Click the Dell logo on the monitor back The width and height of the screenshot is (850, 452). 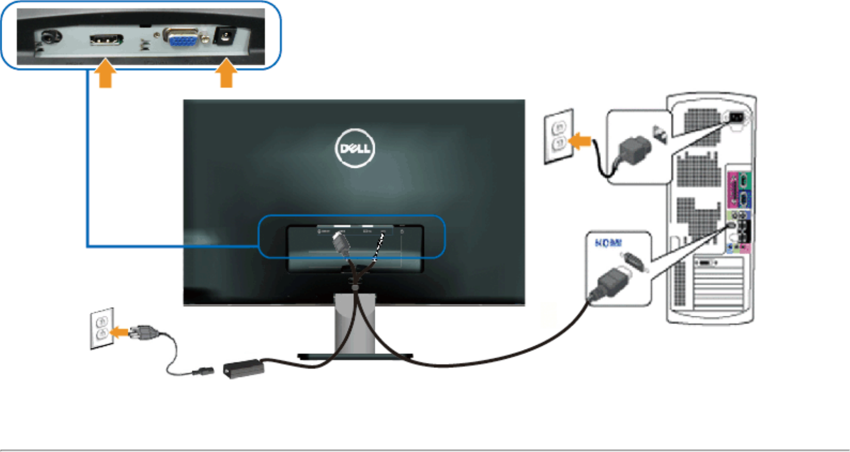click(x=355, y=148)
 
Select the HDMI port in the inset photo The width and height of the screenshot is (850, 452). click(x=106, y=40)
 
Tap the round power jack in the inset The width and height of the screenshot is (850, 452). click(x=223, y=37)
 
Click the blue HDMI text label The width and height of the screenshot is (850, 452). click(x=609, y=243)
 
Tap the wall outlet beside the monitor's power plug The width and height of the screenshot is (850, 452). click(x=102, y=328)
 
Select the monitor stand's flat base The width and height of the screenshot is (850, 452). click(x=355, y=357)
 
